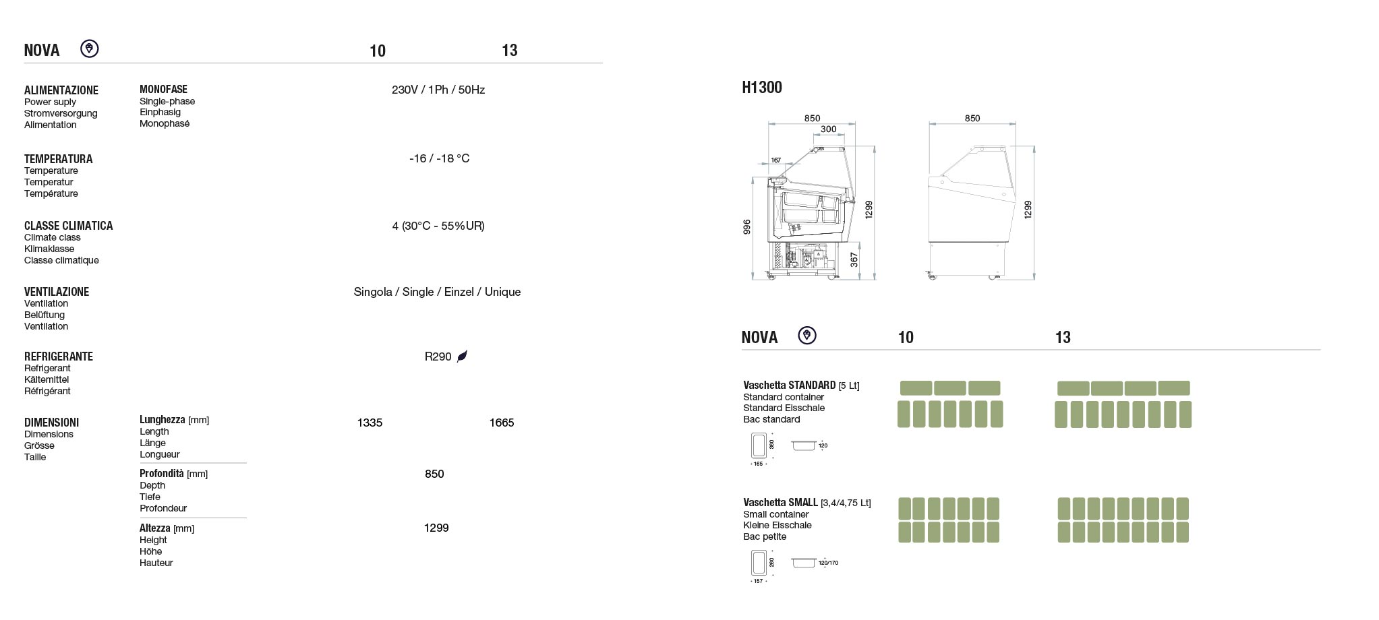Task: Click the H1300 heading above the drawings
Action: (x=761, y=87)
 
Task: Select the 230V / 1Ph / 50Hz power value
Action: (x=438, y=90)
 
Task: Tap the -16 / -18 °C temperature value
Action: (x=439, y=158)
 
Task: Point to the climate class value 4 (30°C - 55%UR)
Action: (x=438, y=226)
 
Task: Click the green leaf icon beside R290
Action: (x=462, y=356)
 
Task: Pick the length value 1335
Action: (x=370, y=423)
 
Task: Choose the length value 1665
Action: (x=502, y=423)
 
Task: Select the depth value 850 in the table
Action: (x=434, y=474)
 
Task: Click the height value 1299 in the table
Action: (x=436, y=528)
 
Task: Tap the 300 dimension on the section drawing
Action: (x=828, y=129)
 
